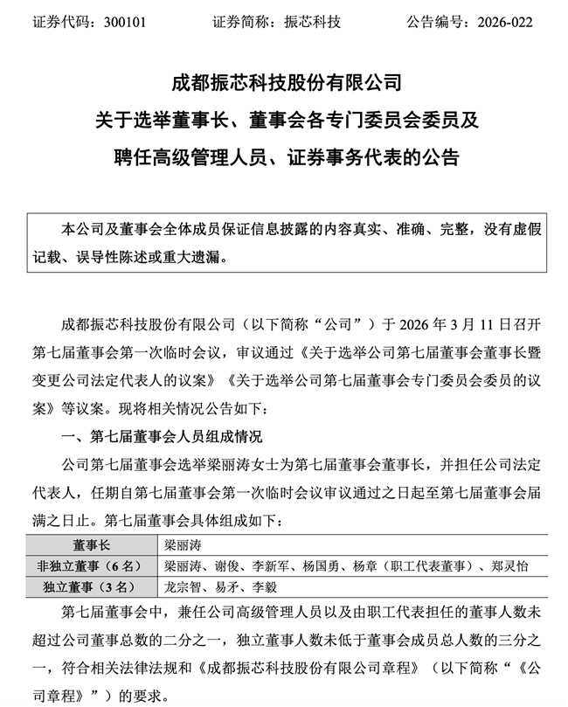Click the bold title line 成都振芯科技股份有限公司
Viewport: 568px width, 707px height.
(x=285, y=85)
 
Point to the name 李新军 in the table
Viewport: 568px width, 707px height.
(x=268, y=565)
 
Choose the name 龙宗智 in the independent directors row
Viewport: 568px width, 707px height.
(x=182, y=586)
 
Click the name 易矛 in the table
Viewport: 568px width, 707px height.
(x=223, y=586)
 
